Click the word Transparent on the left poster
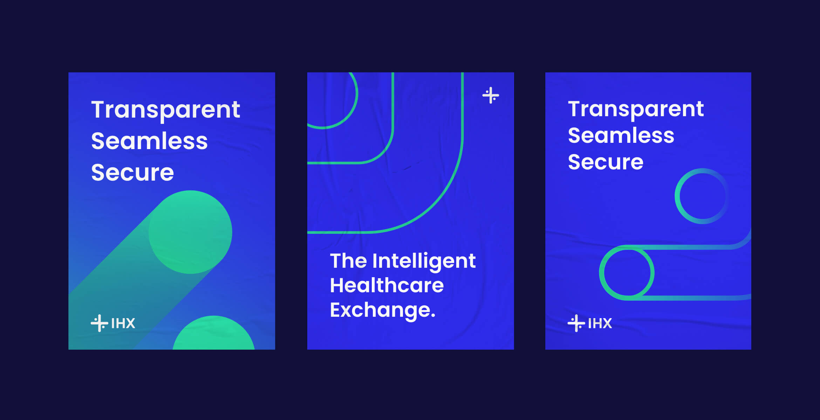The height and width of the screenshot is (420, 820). [166, 110]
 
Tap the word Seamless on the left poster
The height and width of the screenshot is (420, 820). [150, 141]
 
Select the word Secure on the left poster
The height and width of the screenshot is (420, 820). [132, 173]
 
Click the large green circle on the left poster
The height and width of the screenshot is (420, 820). [190, 232]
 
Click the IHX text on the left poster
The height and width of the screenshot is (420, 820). [123, 323]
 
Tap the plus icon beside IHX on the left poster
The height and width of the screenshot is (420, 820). [99, 323]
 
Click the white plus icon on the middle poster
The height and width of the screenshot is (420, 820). [491, 95]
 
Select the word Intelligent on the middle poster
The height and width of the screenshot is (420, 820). [424, 261]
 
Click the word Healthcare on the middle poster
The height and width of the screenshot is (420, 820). [387, 285]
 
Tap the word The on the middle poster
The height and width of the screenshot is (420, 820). [348, 261]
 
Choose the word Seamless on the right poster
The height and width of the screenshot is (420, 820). [621, 135]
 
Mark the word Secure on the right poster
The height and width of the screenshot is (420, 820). [606, 162]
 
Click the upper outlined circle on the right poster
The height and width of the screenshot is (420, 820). [677, 196]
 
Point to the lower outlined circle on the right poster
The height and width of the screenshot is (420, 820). [601, 273]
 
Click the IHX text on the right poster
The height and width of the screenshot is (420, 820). [600, 323]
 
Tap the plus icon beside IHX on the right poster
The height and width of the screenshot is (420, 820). [576, 323]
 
